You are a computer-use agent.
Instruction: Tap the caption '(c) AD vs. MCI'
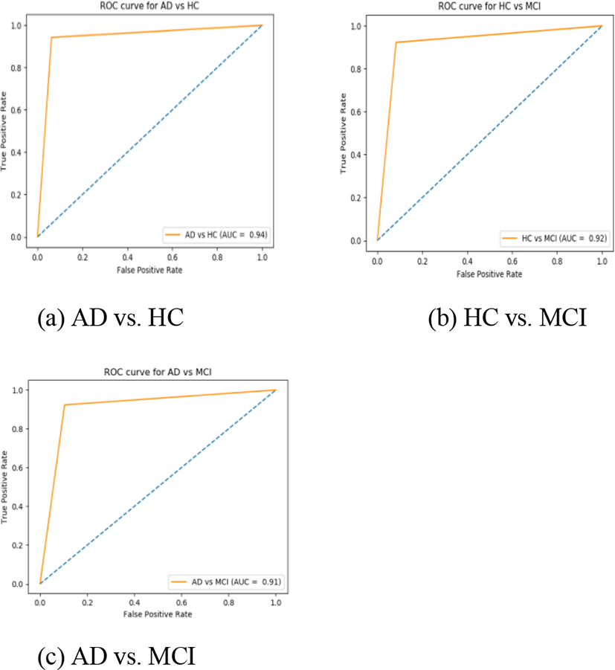tap(117, 657)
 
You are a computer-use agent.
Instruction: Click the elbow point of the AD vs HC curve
tap(51, 37)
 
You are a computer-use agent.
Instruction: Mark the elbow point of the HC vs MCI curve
tap(396, 42)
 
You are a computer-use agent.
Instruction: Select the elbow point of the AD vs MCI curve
tap(65, 405)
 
